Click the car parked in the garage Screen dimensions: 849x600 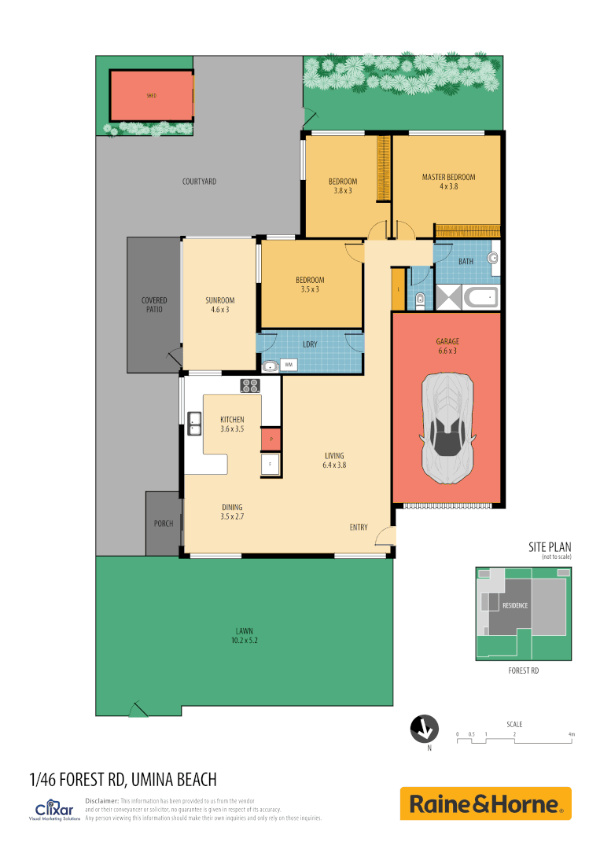coord(447,428)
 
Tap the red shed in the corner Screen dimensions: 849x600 coord(151,96)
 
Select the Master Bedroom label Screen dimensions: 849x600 coord(448,182)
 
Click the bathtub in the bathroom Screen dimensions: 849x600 coord(480,298)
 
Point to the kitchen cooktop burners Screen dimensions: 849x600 coord(250,385)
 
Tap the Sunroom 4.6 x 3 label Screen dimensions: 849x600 coord(220,305)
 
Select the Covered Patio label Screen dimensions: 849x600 coord(154,305)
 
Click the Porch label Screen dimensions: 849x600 coord(164,524)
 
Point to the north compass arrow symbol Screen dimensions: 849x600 coord(425,729)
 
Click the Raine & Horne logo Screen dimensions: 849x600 coord(485,803)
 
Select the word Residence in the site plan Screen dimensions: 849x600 coord(514,605)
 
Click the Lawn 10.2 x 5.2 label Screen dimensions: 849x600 coord(244,635)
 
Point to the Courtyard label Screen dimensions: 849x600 coord(199,182)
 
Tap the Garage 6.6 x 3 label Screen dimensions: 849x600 coord(447,346)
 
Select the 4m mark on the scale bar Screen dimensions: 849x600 coord(572,734)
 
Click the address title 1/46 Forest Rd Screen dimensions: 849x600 coord(123,779)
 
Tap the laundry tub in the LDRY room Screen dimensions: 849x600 coord(271,365)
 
